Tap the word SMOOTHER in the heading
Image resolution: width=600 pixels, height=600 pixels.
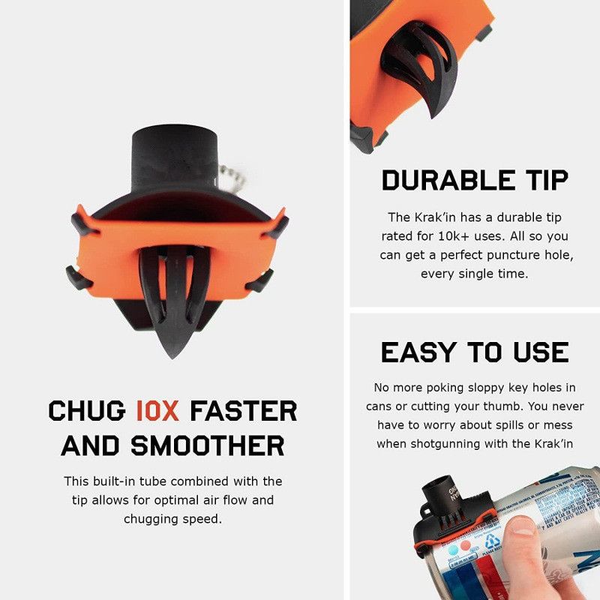208,445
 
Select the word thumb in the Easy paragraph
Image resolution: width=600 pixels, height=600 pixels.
533,406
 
